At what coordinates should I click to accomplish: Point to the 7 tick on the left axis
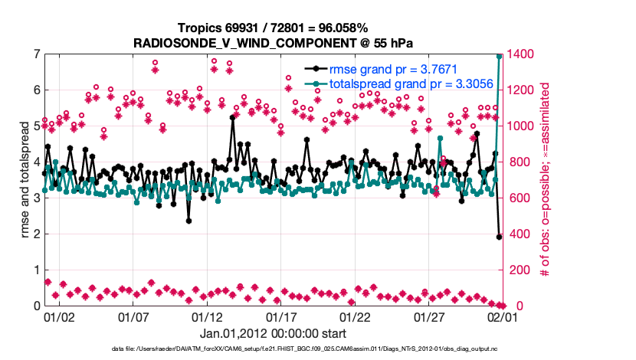[x=36, y=54]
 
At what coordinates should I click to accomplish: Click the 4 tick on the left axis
[x=36, y=162]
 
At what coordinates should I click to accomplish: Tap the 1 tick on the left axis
[x=36, y=270]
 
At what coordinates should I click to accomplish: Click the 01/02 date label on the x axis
[x=58, y=316]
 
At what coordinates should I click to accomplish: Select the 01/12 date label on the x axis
[x=207, y=316]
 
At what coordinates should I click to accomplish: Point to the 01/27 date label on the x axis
[x=429, y=316]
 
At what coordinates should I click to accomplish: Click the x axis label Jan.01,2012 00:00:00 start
[x=273, y=334]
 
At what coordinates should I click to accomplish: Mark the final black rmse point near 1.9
[x=500, y=237]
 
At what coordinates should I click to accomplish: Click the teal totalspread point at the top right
[x=500, y=56]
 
